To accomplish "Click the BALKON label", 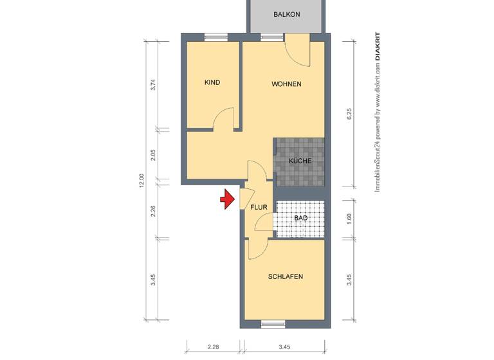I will pyautogui.click(x=286, y=15).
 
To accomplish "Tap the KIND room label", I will pyautogui.click(x=212, y=82).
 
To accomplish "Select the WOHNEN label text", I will pyautogui.click(x=286, y=84).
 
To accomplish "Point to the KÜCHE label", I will pyautogui.click(x=300, y=161).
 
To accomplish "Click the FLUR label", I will pyautogui.click(x=259, y=207).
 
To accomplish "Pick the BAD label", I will pyautogui.click(x=300, y=219).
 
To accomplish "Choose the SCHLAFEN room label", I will pyautogui.click(x=286, y=276).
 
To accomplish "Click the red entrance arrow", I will pyautogui.click(x=226, y=200).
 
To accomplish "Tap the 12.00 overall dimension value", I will pyautogui.click(x=141, y=181).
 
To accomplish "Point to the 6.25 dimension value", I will pyautogui.click(x=349, y=114).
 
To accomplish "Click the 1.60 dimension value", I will pyautogui.click(x=349, y=217).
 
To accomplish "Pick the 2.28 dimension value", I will pyautogui.click(x=213, y=347).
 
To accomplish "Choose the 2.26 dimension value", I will pyautogui.click(x=152, y=211).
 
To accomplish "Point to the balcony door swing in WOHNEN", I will pyautogui.click(x=297, y=52).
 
